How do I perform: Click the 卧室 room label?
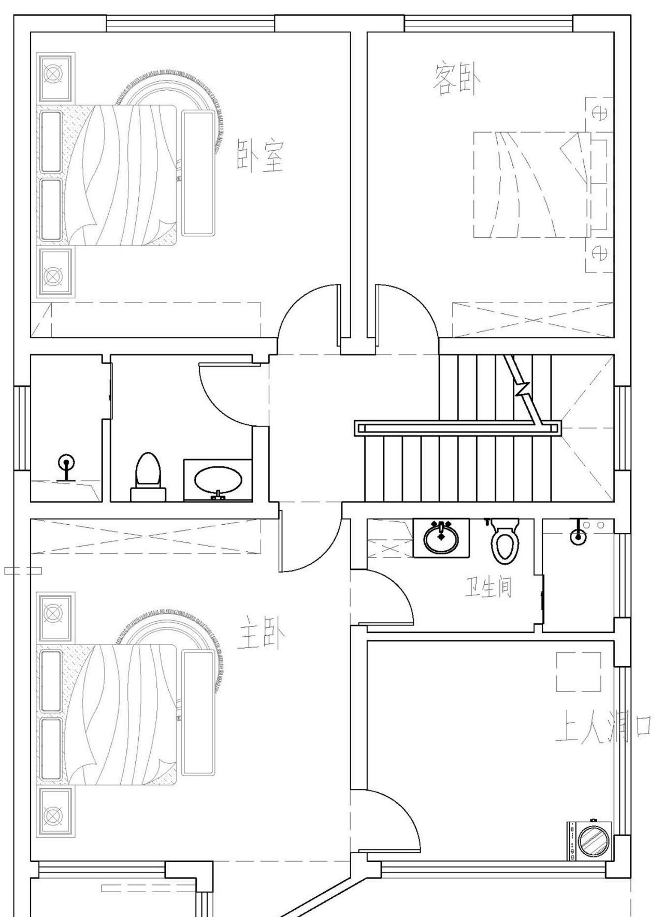click(x=261, y=155)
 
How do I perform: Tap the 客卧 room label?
click(x=457, y=79)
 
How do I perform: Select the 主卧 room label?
click(x=262, y=633)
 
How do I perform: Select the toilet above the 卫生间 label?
click(x=505, y=541)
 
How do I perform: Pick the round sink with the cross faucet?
click(x=441, y=538)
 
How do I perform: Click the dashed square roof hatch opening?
click(x=579, y=672)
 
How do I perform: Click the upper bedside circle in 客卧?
click(x=600, y=113)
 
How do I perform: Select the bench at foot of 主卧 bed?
click(x=198, y=713)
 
